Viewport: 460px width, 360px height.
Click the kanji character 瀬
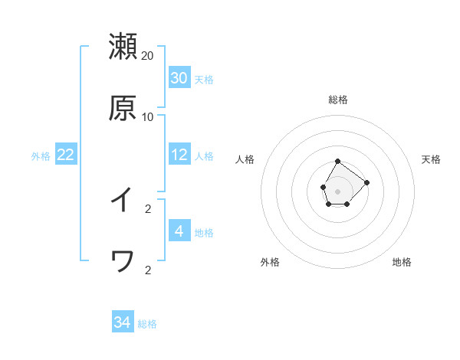tap(123, 46)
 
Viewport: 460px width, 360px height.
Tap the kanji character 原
tap(123, 109)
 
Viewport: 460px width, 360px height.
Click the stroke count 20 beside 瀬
tap(148, 55)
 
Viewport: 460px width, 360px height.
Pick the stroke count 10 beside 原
tap(148, 117)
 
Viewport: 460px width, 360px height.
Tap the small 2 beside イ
tap(148, 208)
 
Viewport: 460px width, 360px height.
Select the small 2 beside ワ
tap(148, 270)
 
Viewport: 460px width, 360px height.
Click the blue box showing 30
tap(179, 78)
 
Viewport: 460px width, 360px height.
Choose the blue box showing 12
tap(179, 155)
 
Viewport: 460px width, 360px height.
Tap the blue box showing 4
tap(179, 231)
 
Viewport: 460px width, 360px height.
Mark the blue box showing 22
tap(66, 155)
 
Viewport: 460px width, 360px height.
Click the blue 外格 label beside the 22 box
tap(41, 156)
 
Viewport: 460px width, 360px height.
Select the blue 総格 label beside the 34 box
tap(147, 324)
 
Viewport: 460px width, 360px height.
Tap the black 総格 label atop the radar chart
tap(338, 100)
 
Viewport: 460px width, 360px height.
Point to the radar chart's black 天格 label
tap(432, 159)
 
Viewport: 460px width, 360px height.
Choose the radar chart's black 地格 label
tap(402, 262)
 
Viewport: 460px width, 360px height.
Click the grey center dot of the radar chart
tap(337, 189)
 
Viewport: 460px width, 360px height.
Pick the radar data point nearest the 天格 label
tap(366, 182)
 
